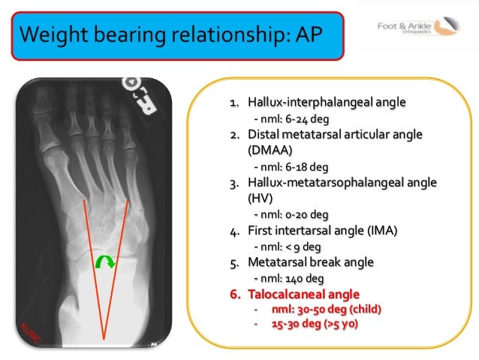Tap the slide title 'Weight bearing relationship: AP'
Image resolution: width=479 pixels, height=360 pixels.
click(x=176, y=35)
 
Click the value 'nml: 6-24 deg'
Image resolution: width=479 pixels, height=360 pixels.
click(x=291, y=119)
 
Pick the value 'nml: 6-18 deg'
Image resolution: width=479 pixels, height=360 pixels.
click(x=291, y=166)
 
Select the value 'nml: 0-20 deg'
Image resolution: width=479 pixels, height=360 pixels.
click(x=291, y=213)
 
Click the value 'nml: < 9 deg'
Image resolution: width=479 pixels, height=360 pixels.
click(x=288, y=246)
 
